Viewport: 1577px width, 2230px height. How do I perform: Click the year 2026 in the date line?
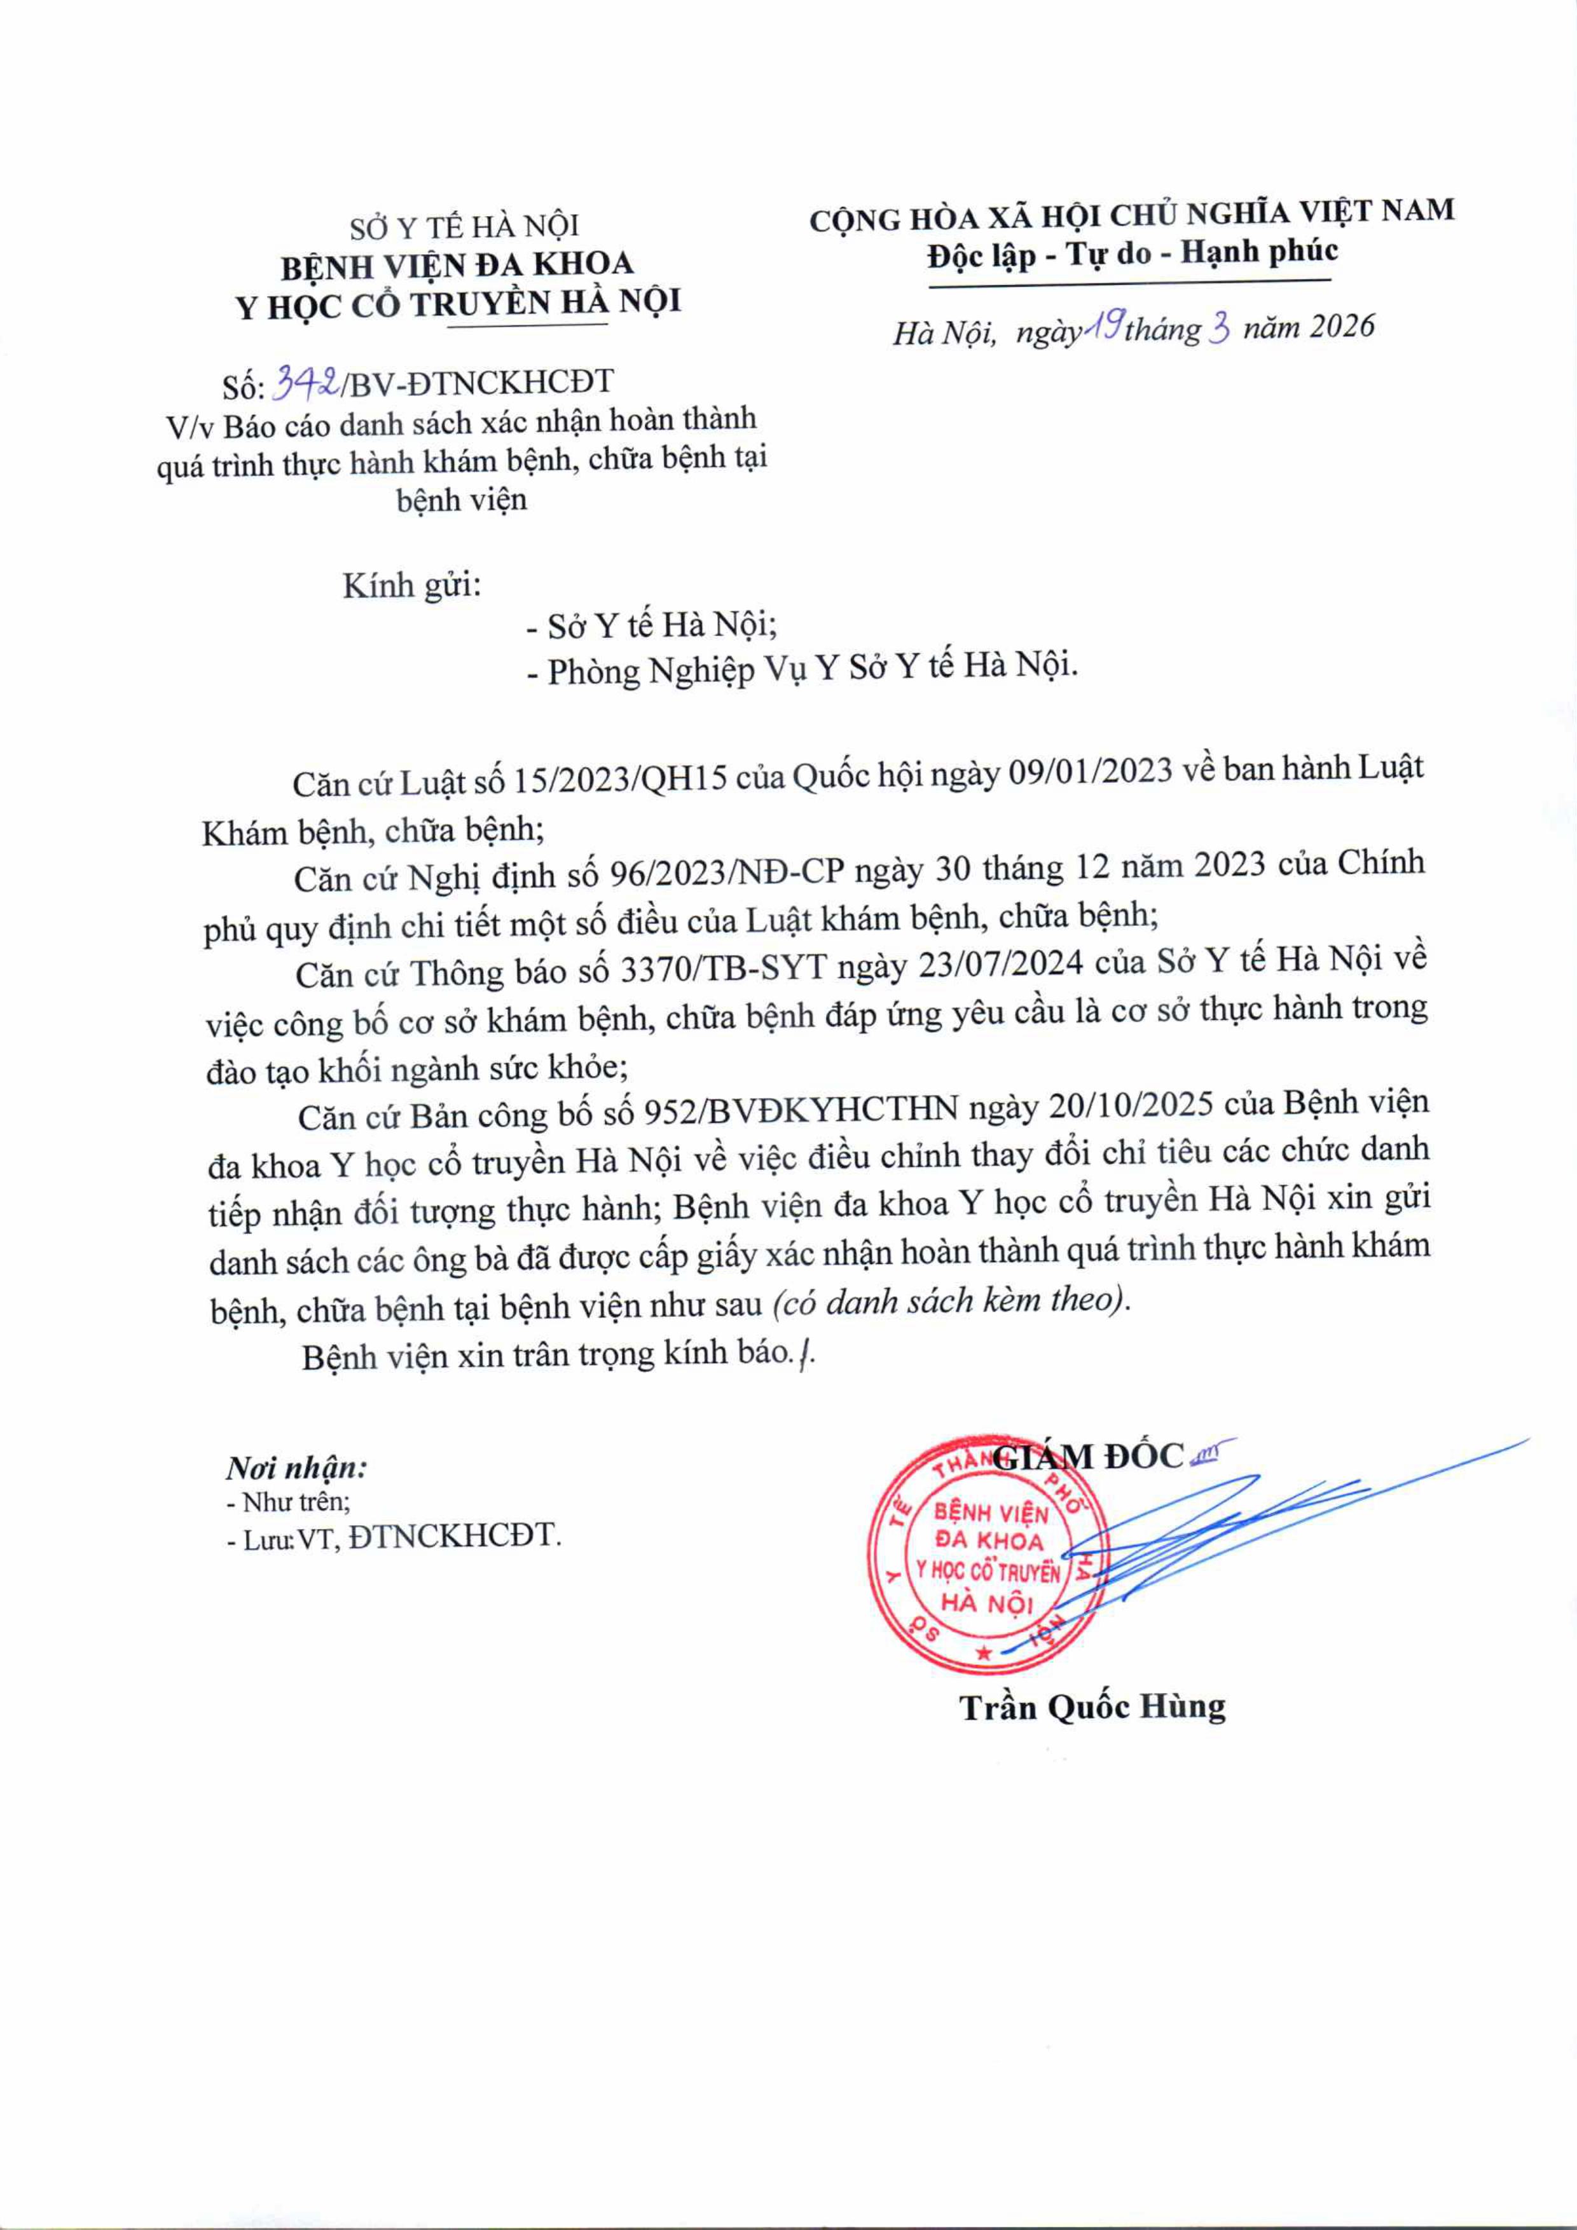[x=1342, y=327]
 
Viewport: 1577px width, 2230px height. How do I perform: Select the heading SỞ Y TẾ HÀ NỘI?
[x=464, y=226]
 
